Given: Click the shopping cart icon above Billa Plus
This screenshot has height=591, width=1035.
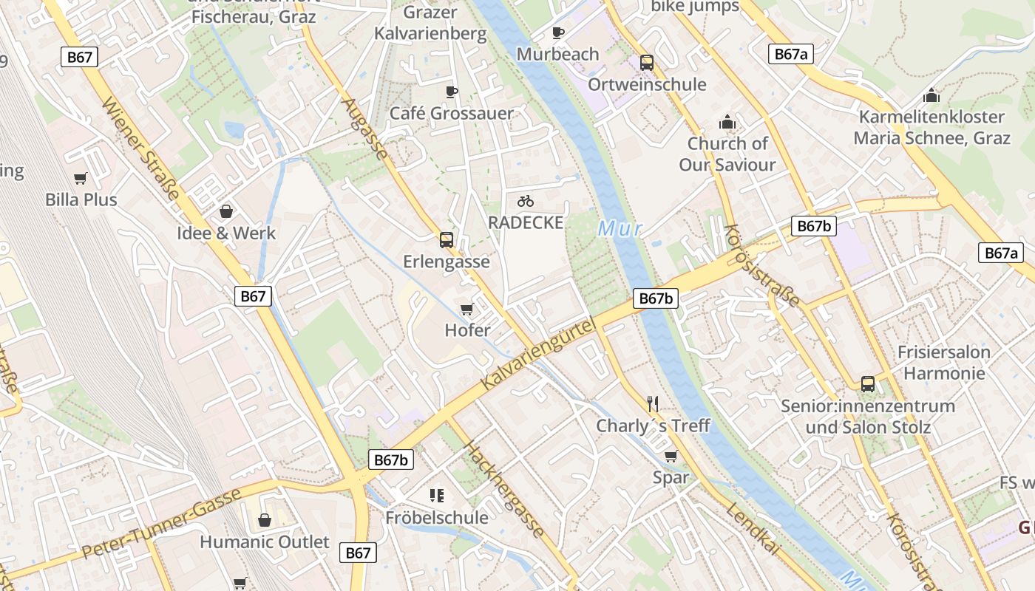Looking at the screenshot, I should coord(81,178).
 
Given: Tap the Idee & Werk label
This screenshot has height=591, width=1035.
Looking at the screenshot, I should coord(226,233).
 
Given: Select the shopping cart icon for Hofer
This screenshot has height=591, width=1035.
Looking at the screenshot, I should coord(466,309).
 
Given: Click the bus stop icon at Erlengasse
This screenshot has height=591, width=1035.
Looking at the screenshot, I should coord(446,239).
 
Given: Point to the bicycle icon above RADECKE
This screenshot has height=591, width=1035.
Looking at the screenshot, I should coord(526,201).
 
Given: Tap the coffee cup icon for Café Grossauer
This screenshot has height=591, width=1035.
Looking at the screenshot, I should coord(452,92).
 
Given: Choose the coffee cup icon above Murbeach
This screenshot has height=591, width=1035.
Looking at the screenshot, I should coord(558,33).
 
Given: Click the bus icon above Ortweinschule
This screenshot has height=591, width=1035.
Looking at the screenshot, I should coord(647,63).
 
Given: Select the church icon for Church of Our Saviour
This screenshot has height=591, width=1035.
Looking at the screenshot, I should coord(727,122).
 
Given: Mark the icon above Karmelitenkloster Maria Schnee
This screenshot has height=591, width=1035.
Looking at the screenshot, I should coord(931,95).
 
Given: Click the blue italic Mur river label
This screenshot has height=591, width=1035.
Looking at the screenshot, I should coord(620,229).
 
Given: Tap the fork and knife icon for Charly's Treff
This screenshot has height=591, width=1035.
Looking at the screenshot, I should coord(652,403).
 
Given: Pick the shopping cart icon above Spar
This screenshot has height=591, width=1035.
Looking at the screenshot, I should coord(671,456).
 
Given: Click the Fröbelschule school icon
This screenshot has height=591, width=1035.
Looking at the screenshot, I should coord(436,495).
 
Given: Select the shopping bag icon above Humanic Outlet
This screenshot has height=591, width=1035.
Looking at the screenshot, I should coord(264,520).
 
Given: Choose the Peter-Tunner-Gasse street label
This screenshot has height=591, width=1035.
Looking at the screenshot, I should coord(161,523).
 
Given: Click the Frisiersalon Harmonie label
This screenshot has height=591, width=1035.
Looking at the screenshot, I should coord(943,363).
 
